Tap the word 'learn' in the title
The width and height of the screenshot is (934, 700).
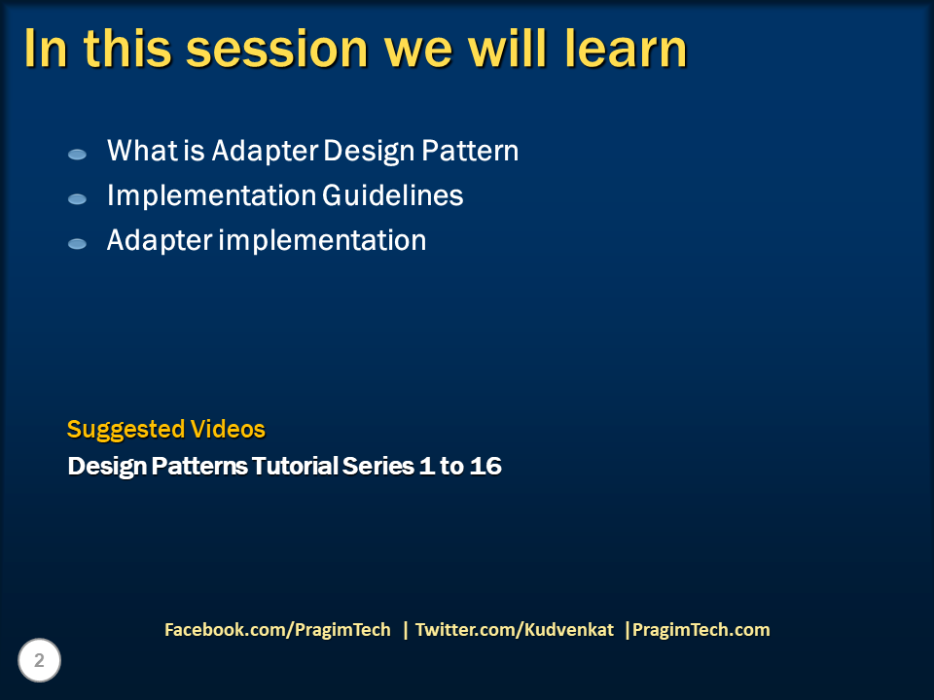(x=626, y=49)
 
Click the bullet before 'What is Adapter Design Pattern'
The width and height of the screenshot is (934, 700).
(x=77, y=154)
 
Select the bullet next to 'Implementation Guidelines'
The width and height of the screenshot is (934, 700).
(x=77, y=198)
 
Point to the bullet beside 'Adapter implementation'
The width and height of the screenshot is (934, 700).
(x=77, y=243)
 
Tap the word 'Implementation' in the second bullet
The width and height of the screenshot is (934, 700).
(x=209, y=195)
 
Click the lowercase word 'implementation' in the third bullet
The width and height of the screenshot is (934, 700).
(x=322, y=240)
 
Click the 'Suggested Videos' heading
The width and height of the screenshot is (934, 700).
(x=165, y=429)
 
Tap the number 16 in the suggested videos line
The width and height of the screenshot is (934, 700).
(x=485, y=466)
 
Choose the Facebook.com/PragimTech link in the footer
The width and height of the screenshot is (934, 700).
(x=277, y=630)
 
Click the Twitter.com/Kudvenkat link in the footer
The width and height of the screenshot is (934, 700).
(x=515, y=630)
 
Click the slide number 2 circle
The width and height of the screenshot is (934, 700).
(x=39, y=661)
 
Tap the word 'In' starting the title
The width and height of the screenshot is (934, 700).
(x=45, y=49)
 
